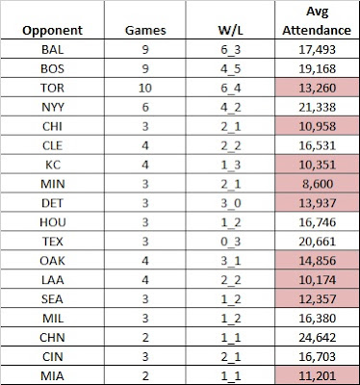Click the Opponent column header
52,31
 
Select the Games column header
145,31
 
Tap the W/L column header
230,31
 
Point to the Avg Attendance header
317,21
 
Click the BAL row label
52,50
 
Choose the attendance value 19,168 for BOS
317,69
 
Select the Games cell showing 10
145,88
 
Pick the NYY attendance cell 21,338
317,107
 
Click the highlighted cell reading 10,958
317,126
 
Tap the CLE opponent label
52,145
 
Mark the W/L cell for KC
230,166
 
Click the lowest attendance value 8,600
317,184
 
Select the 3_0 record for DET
230,203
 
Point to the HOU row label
52,222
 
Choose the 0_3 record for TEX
230,242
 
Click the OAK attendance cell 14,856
317,261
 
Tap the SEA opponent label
52,299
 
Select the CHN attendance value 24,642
317,337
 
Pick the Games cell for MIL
145,319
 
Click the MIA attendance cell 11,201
317,375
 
